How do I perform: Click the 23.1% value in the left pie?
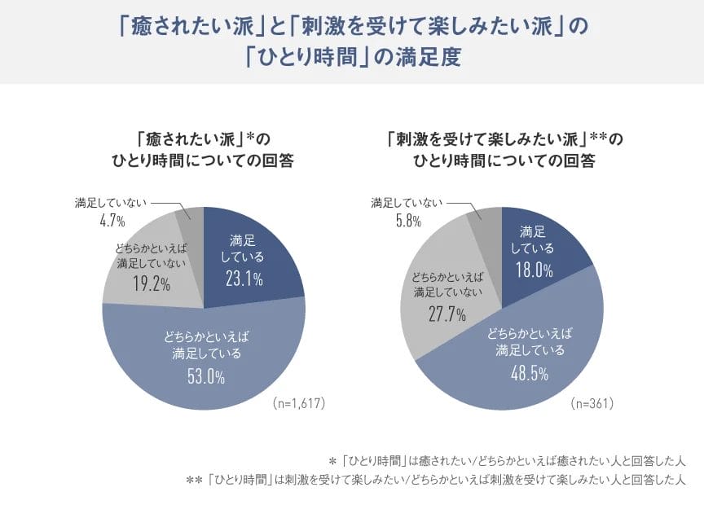(x=244, y=279)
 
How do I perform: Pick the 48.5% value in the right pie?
(x=530, y=373)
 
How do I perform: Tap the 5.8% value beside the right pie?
(x=407, y=220)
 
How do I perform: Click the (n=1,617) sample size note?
(x=300, y=403)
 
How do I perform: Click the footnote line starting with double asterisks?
(x=437, y=480)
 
